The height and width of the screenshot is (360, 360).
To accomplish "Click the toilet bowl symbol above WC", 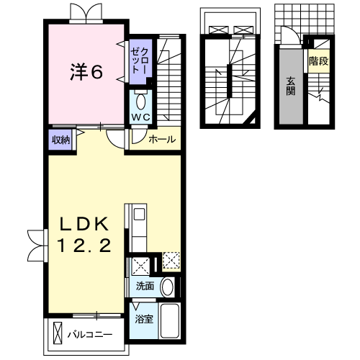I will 140,100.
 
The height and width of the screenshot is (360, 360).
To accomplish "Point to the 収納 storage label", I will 60,140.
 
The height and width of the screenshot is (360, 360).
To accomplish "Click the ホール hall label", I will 161,140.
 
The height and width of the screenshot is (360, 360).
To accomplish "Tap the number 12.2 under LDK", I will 85,247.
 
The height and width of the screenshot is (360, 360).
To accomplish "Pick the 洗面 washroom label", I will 145,286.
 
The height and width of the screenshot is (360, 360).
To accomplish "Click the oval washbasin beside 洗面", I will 167,287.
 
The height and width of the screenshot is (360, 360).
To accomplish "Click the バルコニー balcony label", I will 90,334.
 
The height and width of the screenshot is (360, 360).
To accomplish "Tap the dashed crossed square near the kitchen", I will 171,261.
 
